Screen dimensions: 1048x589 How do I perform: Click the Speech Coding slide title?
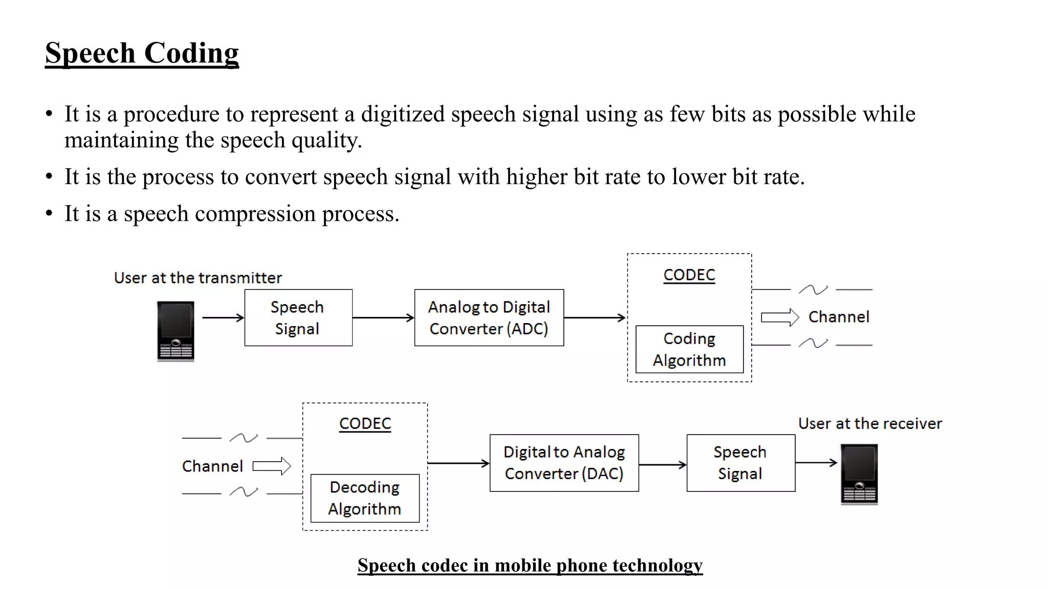(142, 53)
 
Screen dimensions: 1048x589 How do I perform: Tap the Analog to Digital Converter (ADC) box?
(489, 318)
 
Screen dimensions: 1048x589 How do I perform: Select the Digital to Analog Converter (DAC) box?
(564, 463)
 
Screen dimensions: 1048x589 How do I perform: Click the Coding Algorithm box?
(689, 349)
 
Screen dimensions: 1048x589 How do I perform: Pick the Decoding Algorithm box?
(365, 498)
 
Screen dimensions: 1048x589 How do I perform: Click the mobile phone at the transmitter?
(176, 331)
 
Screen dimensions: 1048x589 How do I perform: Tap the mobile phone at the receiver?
(859, 474)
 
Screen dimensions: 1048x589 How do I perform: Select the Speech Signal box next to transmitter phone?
(298, 318)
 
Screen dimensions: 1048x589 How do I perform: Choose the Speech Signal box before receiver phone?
(740, 463)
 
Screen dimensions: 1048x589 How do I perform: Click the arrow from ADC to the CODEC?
(595, 318)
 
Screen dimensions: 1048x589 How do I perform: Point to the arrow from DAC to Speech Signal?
(663, 465)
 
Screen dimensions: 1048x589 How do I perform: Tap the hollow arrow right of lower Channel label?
(272, 466)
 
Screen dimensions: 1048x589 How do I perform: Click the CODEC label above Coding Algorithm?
(689, 275)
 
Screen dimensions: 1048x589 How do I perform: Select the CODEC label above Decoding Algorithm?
(365, 423)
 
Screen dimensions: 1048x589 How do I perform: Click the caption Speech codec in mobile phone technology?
(530, 565)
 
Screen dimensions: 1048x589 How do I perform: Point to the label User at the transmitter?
(198, 278)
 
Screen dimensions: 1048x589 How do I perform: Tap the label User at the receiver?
(870, 423)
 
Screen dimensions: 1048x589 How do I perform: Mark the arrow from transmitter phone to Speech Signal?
(223, 318)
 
